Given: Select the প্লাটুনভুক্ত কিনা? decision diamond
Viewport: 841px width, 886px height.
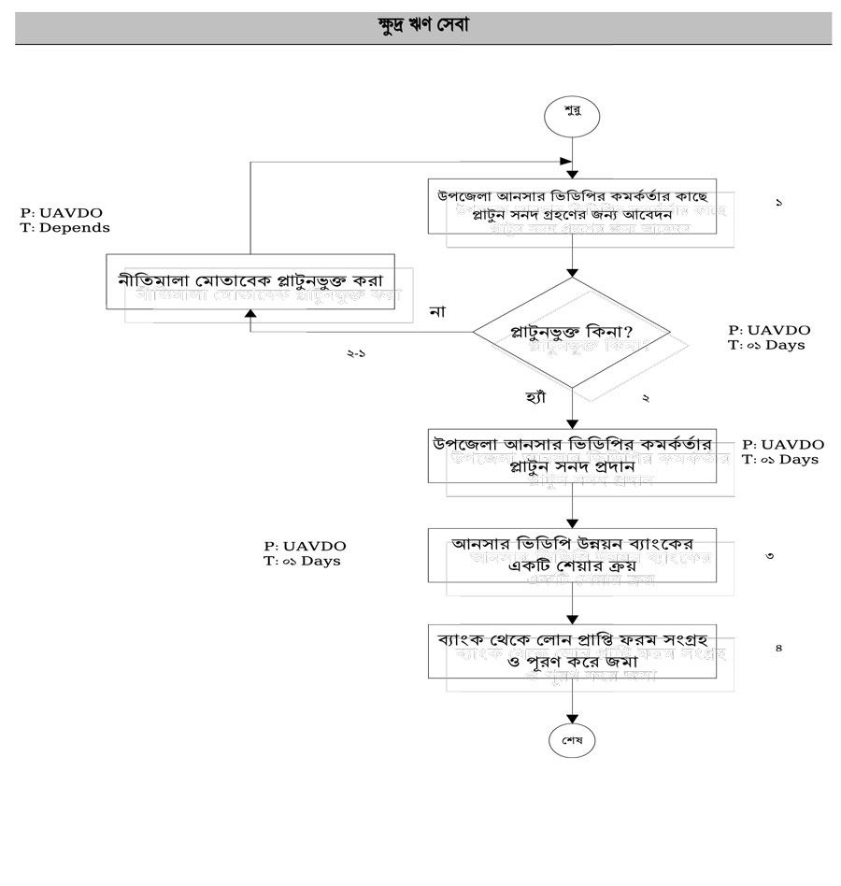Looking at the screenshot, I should click(573, 332).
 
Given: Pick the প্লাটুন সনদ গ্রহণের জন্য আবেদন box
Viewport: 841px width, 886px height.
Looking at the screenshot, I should click(573, 206).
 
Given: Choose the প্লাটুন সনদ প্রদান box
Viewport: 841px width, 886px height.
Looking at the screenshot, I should click(573, 455).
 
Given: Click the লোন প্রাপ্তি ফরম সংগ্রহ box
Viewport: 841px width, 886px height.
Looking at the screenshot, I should click(573, 650).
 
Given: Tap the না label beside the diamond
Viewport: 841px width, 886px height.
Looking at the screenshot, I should click(435, 311).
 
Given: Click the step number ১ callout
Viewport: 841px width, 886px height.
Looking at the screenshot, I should click(779, 203).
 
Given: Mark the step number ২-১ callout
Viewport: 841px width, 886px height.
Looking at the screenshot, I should click(355, 355).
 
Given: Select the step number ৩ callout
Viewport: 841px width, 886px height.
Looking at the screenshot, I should click(768, 556).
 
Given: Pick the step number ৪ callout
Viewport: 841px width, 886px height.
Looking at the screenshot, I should click(778, 648).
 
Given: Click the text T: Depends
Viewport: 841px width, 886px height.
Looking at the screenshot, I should click(64, 227).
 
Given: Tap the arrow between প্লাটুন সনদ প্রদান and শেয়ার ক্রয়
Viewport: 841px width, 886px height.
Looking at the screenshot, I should click(573, 506).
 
